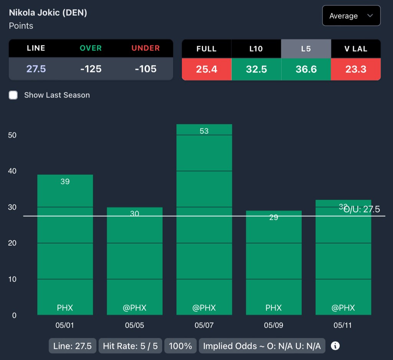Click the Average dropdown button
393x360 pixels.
point(351,16)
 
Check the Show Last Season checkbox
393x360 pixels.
point(13,95)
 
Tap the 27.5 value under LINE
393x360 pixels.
point(36,69)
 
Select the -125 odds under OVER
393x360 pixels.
point(91,69)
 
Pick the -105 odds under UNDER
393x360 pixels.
point(146,69)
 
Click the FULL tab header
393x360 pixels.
point(206,49)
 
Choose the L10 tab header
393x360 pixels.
point(256,49)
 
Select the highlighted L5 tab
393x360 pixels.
point(306,49)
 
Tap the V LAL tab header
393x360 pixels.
point(356,49)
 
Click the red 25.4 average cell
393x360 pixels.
point(206,69)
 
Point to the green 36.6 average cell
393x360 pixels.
point(306,69)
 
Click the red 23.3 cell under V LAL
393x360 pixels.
point(356,69)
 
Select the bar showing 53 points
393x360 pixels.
point(204,219)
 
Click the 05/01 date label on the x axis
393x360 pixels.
point(65,325)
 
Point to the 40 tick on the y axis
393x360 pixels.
point(12,171)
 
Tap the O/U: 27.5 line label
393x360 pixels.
point(362,209)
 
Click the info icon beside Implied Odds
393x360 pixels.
point(335,346)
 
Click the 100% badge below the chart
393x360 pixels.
point(180,346)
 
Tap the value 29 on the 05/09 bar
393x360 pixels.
point(273,217)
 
